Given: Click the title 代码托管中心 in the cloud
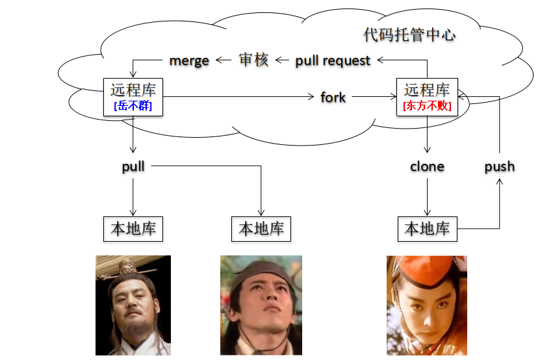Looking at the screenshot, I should (409, 34).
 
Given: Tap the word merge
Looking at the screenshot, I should (189, 60).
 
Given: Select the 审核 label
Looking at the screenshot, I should (253, 60).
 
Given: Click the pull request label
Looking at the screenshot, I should (333, 60).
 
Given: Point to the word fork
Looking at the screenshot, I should (333, 97).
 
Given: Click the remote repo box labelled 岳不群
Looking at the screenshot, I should (133, 97).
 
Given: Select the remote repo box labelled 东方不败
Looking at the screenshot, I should (427, 97).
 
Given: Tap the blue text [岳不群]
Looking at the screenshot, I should (133, 106).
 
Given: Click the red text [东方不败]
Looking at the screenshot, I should (427, 106).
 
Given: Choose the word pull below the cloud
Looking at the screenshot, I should (133, 166).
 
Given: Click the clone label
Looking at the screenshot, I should (427, 166).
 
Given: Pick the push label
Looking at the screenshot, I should (499, 166).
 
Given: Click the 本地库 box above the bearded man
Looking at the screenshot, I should (133, 229).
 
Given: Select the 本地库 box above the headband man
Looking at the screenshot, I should (261, 229).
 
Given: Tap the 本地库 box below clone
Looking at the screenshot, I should (427, 229).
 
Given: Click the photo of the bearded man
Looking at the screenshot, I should (133, 305).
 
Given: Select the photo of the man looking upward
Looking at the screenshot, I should (261, 305).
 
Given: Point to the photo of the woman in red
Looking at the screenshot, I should (427, 305).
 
